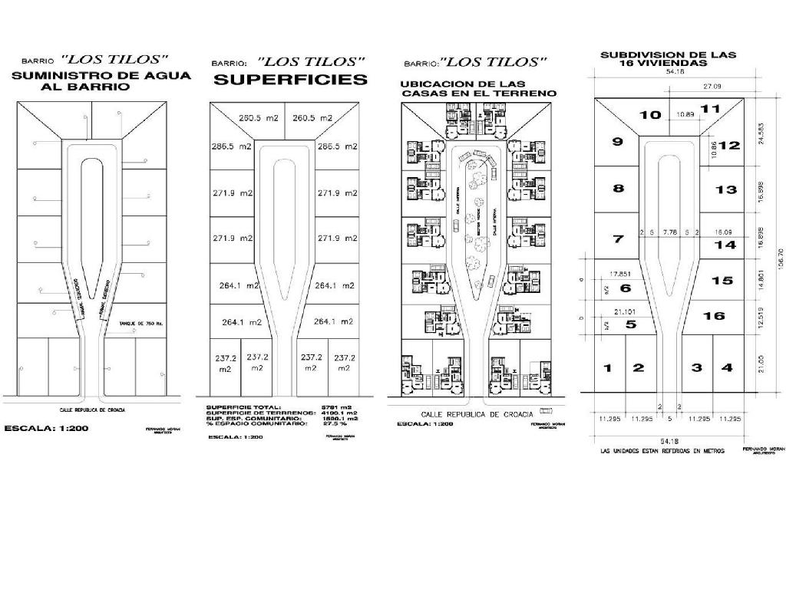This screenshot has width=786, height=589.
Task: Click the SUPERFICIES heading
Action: coord(290,80)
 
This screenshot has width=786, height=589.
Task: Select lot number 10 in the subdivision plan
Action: coord(650,115)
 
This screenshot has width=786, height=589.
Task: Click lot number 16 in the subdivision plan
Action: coord(714,315)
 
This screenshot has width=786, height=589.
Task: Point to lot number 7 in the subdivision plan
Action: coord(617,239)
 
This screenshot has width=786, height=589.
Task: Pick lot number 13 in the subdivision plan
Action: coord(725,189)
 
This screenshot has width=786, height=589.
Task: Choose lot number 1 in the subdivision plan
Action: coord(607,368)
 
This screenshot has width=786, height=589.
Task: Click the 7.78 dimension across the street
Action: coord(670,231)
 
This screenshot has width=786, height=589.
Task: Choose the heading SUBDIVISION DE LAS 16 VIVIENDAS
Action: coord(667,58)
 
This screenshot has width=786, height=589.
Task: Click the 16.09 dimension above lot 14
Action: coord(723,231)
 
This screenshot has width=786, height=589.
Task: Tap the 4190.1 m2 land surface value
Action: coord(342,413)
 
